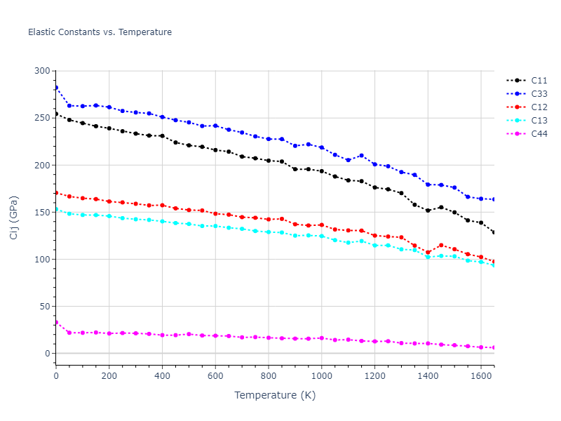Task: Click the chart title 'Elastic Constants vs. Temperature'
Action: tap(100, 32)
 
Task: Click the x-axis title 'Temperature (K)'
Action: tap(275, 395)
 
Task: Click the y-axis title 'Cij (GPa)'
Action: tap(14, 218)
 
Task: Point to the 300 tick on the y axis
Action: tap(43, 71)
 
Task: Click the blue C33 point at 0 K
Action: tap(56, 88)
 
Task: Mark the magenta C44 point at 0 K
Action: tap(56, 322)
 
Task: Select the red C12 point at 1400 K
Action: tap(428, 253)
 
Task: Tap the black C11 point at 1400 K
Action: tap(428, 210)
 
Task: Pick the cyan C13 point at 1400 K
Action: tap(428, 258)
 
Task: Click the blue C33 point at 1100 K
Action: tap(348, 160)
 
